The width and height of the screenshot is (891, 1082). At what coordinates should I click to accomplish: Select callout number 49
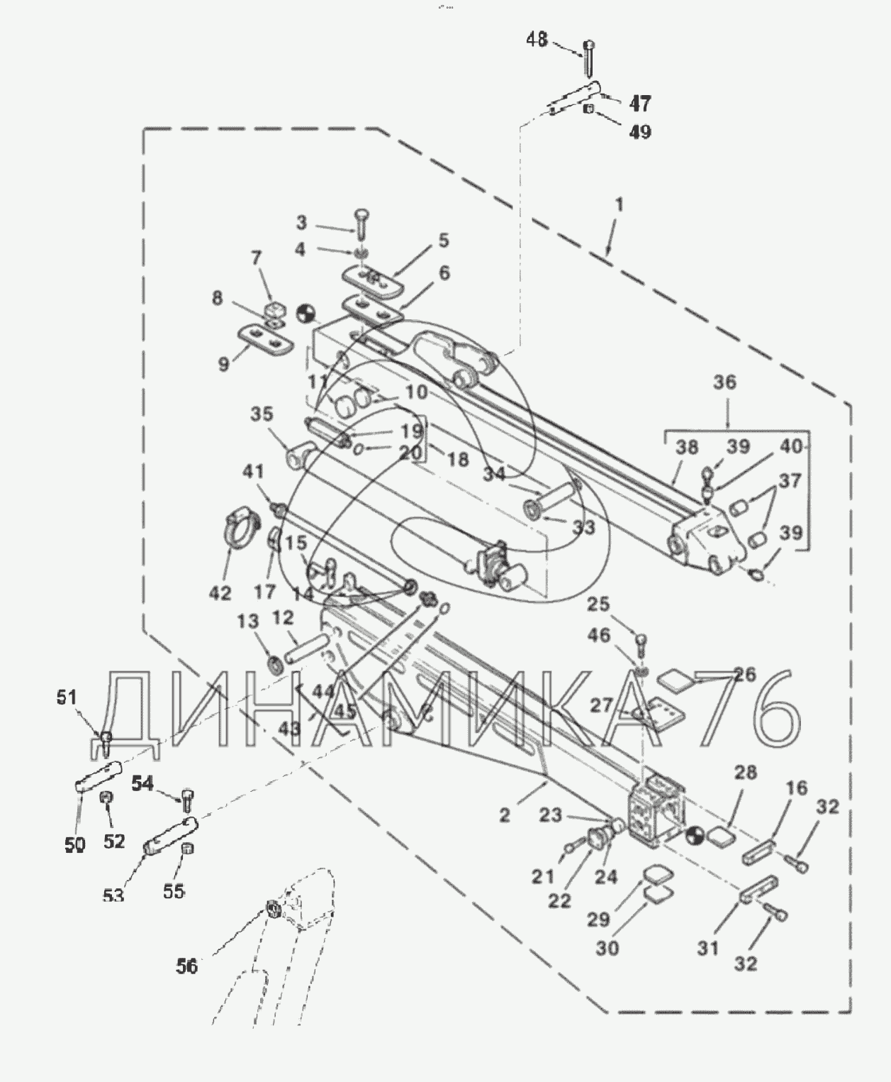(x=639, y=132)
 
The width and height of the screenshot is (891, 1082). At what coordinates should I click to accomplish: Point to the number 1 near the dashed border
(x=619, y=205)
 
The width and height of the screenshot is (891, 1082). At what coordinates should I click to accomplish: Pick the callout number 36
(x=724, y=382)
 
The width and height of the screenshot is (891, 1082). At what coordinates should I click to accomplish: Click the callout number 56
(x=187, y=966)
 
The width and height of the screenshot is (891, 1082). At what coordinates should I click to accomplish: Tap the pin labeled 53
(x=170, y=835)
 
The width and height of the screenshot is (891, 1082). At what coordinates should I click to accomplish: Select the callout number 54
(x=143, y=783)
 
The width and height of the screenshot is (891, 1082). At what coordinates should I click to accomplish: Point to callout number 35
(x=262, y=414)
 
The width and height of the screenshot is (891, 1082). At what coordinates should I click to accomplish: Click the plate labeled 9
(x=265, y=338)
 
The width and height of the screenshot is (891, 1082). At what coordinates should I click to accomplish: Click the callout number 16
(x=797, y=788)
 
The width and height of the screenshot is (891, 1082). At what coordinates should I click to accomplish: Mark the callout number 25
(x=599, y=605)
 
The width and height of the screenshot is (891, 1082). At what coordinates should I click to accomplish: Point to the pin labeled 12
(x=306, y=647)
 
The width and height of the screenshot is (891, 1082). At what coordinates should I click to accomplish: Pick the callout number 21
(x=543, y=877)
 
